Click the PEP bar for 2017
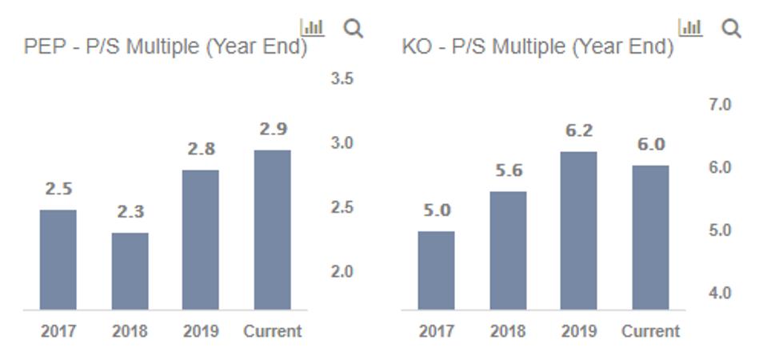point(58,259)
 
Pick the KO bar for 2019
point(578,230)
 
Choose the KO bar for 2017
point(436,270)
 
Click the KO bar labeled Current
point(650,237)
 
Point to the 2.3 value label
point(130,212)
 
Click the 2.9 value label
point(273,129)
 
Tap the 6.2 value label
point(578,130)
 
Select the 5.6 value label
point(508,170)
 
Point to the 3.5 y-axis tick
point(342,78)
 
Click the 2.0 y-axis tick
point(342,272)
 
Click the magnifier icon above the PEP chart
point(353,29)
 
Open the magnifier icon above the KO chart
point(731,29)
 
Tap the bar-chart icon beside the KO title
point(690,27)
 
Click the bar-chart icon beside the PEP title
point(312,27)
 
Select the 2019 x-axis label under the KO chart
point(578,330)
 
